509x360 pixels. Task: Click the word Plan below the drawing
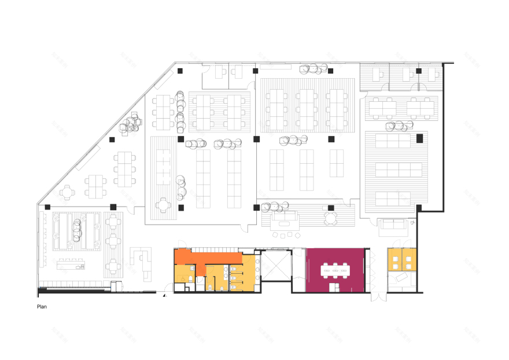click(42, 307)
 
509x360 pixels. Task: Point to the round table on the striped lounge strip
click(330, 218)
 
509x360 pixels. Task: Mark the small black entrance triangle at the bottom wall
click(164, 295)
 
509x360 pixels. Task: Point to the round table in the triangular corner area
click(68, 191)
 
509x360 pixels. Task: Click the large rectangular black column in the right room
click(420, 138)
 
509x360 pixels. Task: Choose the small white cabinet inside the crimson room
click(334, 287)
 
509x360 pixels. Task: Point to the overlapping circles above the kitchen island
click(76, 230)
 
